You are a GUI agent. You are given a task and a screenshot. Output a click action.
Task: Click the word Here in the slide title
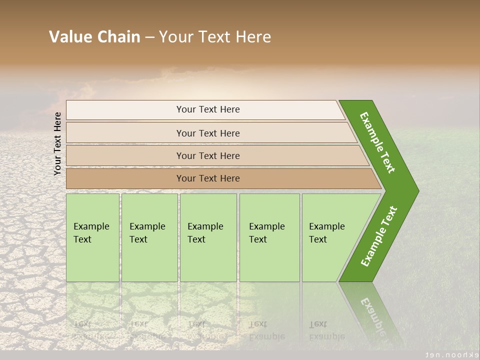pyautogui.click(x=253, y=37)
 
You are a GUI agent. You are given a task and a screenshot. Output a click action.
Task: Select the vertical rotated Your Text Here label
pyautogui.click(x=57, y=143)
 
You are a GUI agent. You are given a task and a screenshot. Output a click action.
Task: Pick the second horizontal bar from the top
pyautogui.click(x=208, y=133)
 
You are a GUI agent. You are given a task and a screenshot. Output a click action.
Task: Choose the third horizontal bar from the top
pyautogui.click(x=208, y=155)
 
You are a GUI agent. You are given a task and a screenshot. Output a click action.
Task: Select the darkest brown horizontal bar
pyautogui.click(x=208, y=178)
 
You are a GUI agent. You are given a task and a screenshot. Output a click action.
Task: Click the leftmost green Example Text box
pyautogui.click(x=92, y=237)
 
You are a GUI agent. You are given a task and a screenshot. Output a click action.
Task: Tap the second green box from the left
pyautogui.click(x=149, y=237)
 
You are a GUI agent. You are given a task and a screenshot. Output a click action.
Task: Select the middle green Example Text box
pyautogui.click(x=208, y=237)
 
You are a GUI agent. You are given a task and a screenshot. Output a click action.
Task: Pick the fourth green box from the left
pyautogui.click(x=269, y=237)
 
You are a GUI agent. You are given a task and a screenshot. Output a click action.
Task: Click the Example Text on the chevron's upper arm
pyautogui.click(x=377, y=142)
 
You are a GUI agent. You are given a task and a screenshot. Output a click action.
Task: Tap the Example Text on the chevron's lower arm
pyautogui.click(x=378, y=236)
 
